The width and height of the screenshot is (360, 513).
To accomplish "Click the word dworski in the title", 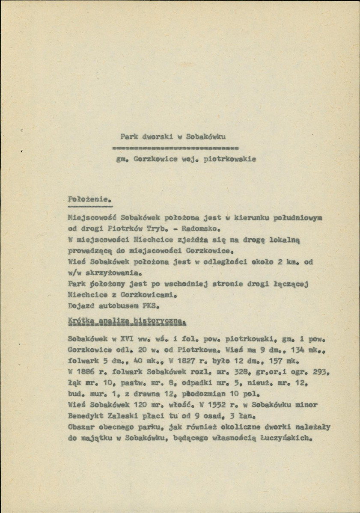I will point(155,138).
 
